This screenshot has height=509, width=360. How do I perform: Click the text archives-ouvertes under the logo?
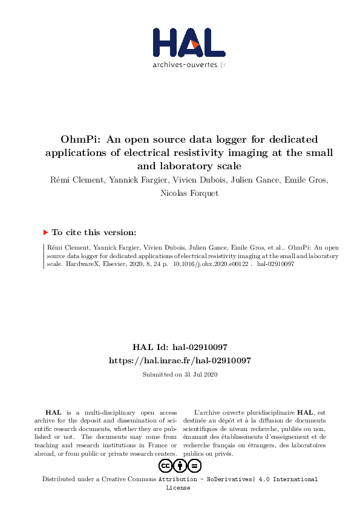click(x=185, y=65)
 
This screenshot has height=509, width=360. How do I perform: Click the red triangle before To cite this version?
click(x=45, y=232)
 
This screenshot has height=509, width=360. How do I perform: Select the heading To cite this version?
click(x=94, y=232)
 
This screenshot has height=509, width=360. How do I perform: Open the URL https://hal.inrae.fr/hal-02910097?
click(x=180, y=360)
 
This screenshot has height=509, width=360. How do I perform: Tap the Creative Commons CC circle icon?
click(x=165, y=465)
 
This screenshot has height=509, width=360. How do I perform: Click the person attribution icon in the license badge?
click(x=180, y=465)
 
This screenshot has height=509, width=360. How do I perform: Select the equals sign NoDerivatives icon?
click(x=195, y=465)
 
